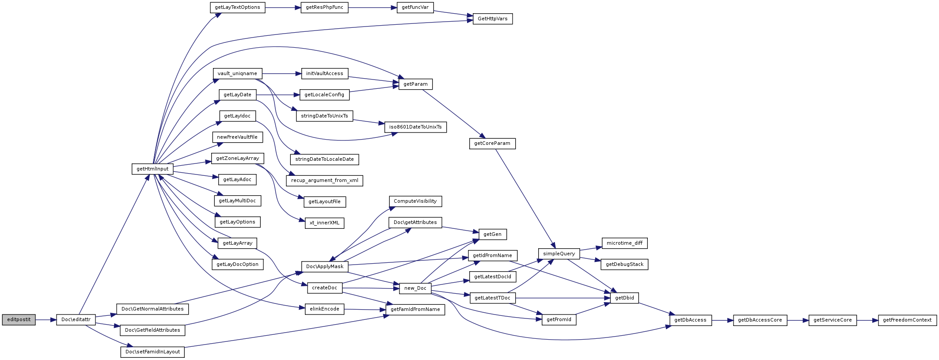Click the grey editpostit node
tap(19, 320)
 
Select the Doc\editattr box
tap(76, 320)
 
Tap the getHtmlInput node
tap(152, 169)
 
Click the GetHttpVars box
tap(493, 19)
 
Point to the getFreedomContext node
tap(907, 320)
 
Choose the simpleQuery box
tap(559, 254)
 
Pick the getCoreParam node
tap(492, 144)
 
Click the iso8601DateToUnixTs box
tap(415, 127)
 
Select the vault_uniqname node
tap(237, 74)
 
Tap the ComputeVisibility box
tap(415, 201)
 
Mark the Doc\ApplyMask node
tap(325, 267)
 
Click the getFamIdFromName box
tap(415, 310)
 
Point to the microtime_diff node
tap(624, 243)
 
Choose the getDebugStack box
tap(624, 265)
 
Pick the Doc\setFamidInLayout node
tap(152, 352)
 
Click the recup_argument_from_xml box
tap(325, 181)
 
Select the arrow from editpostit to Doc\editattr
tap(46, 320)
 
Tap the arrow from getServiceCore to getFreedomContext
tap(867, 320)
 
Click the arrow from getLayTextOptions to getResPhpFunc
tap(283, 8)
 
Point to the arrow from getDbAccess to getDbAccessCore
tap(722, 320)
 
